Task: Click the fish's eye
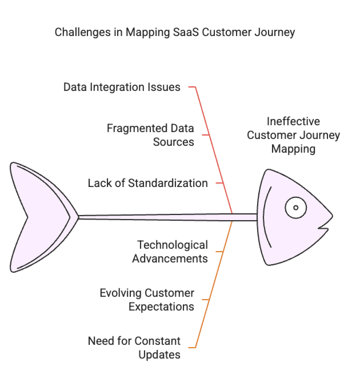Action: coord(296,208)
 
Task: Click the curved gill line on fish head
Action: coord(266,217)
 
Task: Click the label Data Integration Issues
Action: coord(122,87)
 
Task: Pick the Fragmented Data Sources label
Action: coord(150,135)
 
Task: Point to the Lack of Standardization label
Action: coord(147,183)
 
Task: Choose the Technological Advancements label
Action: coord(170,252)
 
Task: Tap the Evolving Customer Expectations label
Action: coord(147,300)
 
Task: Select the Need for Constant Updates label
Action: coord(134,347)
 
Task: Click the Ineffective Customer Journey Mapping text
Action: coord(293,135)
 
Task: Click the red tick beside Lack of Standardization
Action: coord(219,183)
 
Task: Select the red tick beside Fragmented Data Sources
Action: coord(206,135)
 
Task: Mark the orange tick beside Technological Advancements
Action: coord(219,252)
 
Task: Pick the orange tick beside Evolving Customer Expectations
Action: coord(206,300)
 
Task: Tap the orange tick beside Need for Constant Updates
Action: coord(192,347)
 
